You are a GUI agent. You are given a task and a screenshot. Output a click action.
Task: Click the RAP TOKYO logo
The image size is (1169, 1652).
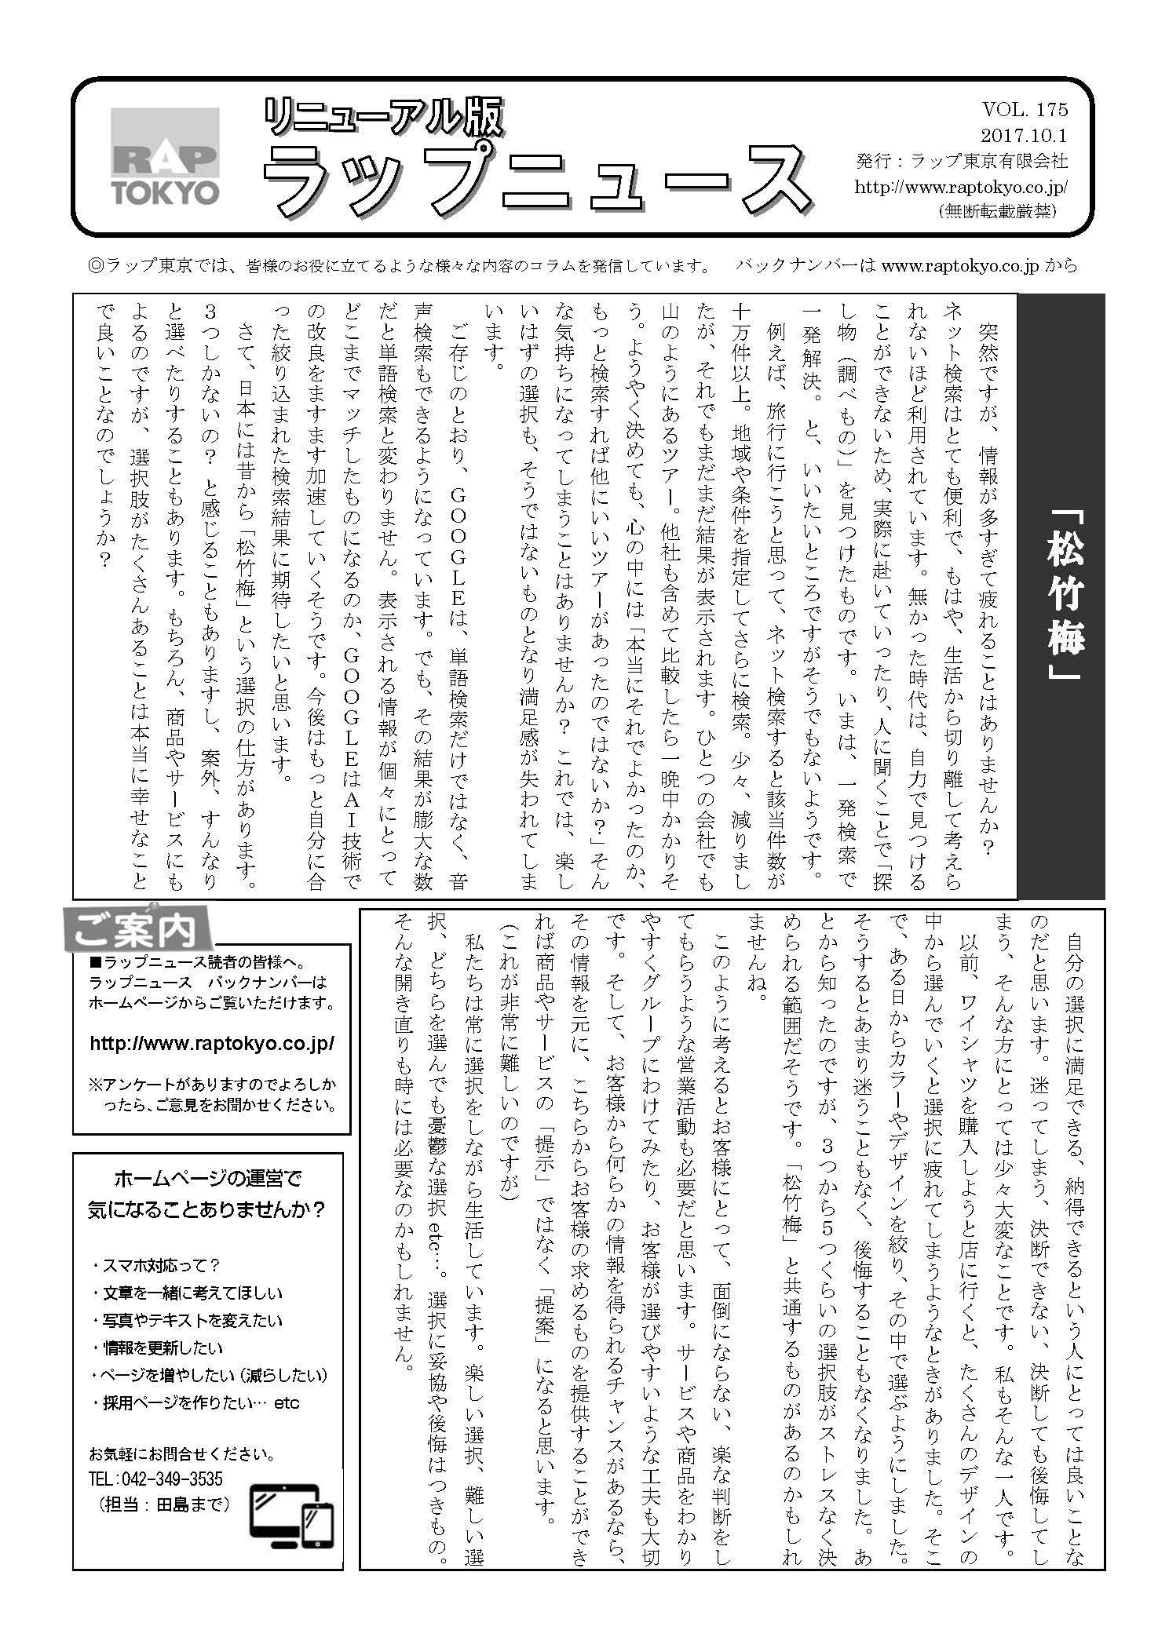click(164, 157)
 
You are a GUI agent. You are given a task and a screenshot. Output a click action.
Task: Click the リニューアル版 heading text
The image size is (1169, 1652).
click(383, 119)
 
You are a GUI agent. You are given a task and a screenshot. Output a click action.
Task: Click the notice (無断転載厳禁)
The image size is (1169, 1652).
click(996, 212)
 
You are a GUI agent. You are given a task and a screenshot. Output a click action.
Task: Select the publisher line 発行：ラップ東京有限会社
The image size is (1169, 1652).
click(963, 161)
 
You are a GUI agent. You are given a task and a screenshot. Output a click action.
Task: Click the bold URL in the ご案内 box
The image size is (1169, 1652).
click(212, 1043)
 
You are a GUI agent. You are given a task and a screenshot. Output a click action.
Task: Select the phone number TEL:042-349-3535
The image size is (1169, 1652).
click(156, 1479)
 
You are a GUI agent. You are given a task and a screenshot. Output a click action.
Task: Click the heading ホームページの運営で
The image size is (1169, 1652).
click(207, 1178)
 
